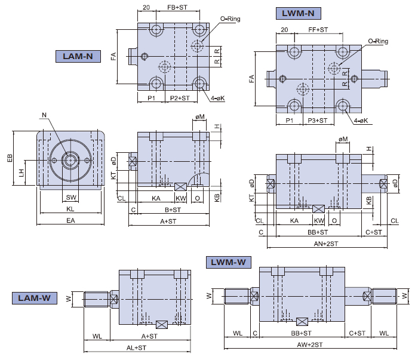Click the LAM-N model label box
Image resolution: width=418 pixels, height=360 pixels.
coord(77,57)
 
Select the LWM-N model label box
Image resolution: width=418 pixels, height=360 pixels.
coord(299,13)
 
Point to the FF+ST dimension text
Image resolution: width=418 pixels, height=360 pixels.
coord(318,29)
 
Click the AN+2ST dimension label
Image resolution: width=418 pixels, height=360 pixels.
coord(326,244)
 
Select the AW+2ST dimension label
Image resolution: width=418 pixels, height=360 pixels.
coord(311,344)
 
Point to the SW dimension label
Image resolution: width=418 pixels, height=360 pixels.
coord(71,196)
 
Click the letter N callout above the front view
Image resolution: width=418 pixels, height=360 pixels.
coord(44,115)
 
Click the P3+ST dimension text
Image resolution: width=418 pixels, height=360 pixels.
coord(318,121)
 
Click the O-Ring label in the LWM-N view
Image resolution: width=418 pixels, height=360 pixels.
coord(378,41)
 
